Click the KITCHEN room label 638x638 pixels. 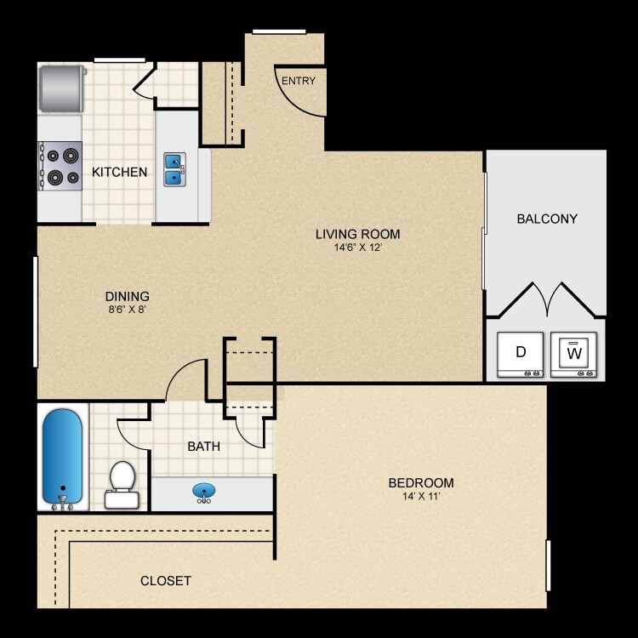point(119,172)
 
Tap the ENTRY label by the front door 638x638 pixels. point(299,82)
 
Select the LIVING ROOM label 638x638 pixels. point(357,235)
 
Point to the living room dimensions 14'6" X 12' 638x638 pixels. point(357,248)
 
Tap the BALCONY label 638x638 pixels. point(547,219)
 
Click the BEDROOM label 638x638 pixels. point(420,482)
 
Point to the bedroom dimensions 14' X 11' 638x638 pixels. point(420,497)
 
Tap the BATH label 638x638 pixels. point(204,445)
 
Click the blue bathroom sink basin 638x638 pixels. point(204,492)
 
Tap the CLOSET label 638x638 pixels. point(165,581)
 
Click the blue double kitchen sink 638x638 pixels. point(174,168)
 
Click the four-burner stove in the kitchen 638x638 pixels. point(60,166)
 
